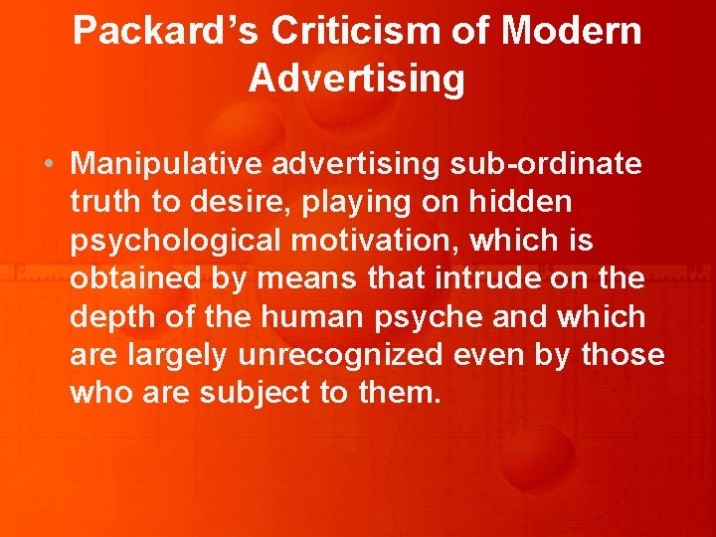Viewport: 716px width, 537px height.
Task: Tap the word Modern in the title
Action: pyautogui.click(x=572, y=32)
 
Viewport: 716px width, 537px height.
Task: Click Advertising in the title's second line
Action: pyautogui.click(x=357, y=79)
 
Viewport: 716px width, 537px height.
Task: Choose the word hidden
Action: pyautogui.click(x=520, y=201)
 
